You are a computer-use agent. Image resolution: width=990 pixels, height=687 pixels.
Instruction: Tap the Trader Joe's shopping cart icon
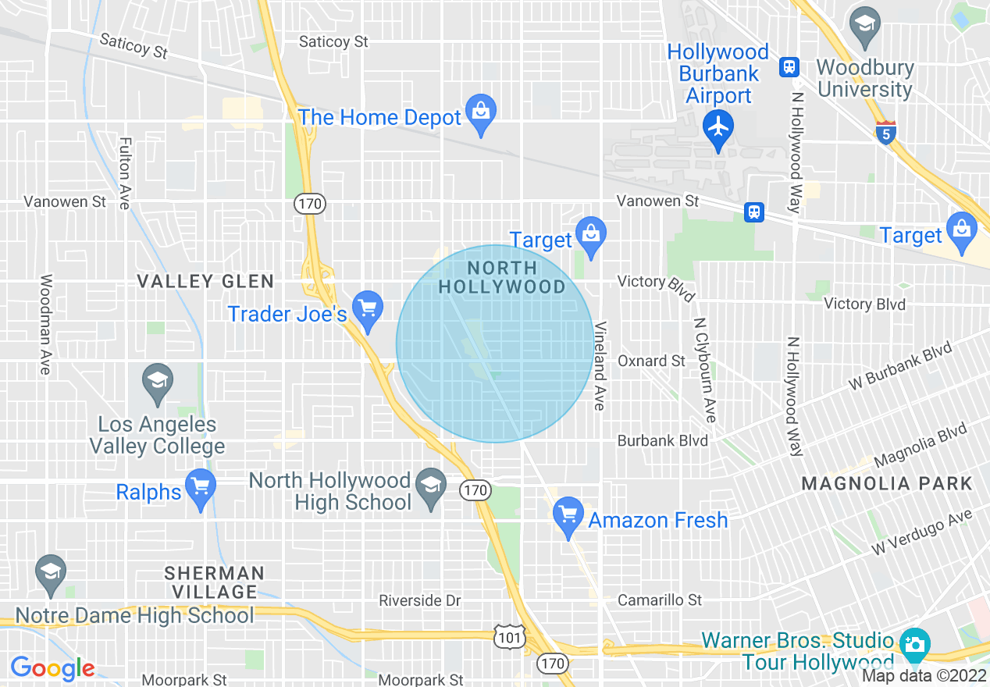coord(367,306)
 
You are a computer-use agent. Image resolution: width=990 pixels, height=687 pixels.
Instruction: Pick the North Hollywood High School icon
coord(430,486)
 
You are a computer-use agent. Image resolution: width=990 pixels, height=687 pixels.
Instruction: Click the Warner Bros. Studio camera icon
coord(914,645)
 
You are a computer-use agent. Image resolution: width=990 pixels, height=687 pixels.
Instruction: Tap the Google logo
coord(52,668)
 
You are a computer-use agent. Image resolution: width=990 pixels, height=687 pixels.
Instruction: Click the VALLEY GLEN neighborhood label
coord(205,281)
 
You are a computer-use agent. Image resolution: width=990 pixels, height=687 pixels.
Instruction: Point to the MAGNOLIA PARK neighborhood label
coord(887,484)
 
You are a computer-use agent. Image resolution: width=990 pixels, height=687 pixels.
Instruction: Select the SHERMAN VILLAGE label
coord(215,582)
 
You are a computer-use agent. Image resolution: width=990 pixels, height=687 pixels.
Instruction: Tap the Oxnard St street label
coord(651,361)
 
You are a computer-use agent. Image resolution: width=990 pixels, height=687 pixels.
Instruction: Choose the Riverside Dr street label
coord(420,600)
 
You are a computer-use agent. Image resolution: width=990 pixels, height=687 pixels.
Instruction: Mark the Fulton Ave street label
coord(124,173)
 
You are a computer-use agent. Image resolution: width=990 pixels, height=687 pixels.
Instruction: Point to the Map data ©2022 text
coord(924,676)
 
